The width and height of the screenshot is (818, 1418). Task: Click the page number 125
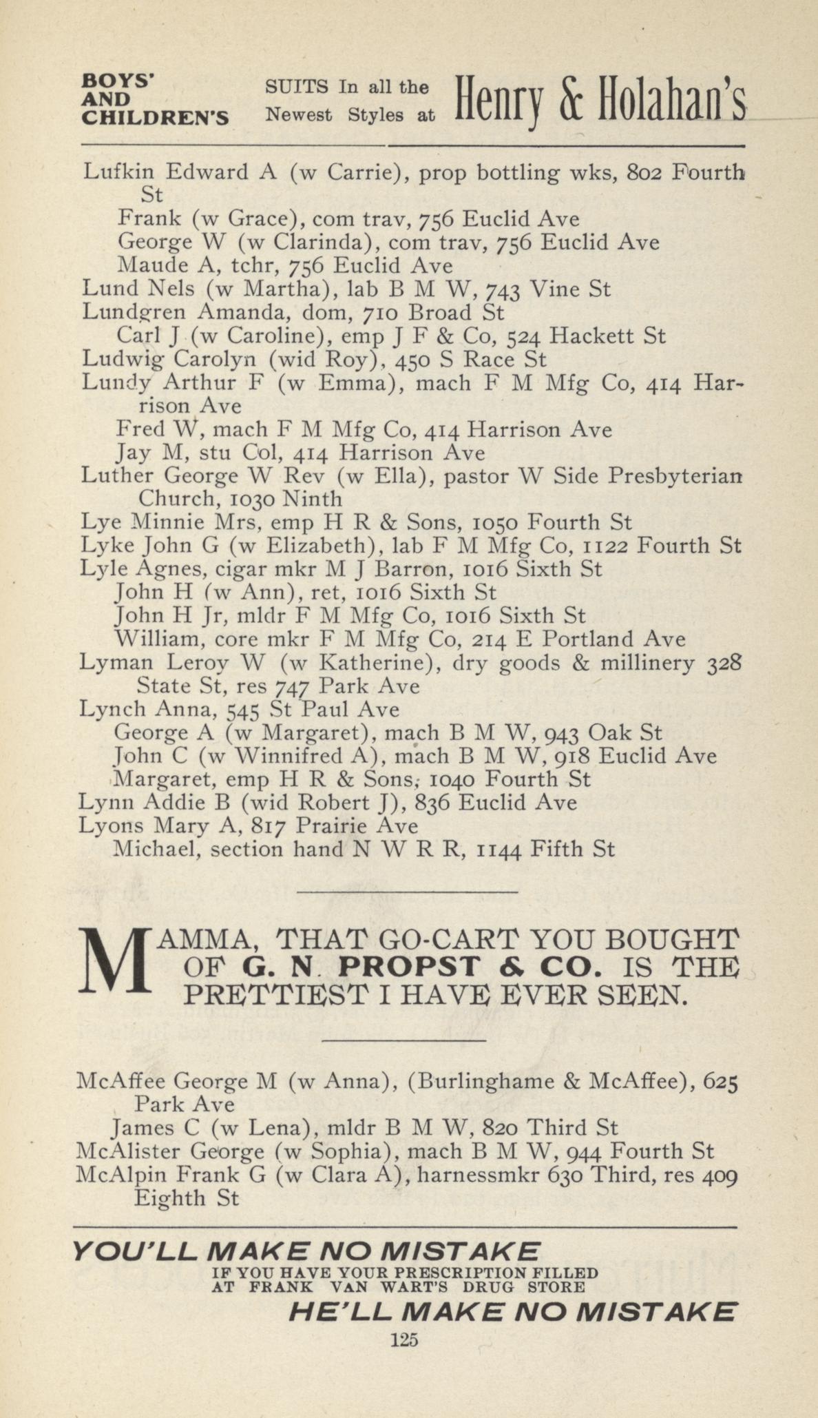pyautogui.click(x=404, y=1339)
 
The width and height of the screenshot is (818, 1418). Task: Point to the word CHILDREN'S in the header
pyautogui.click(x=156, y=119)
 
